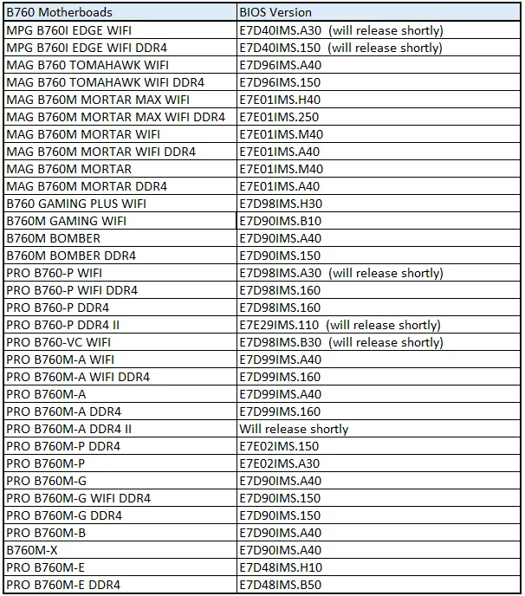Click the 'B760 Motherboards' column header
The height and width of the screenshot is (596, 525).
click(59, 13)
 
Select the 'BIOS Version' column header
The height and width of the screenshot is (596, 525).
click(275, 13)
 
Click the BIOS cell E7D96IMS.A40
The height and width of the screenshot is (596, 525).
click(280, 65)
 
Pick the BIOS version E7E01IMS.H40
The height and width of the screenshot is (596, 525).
click(281, 100)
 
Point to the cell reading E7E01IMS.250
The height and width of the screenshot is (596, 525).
click(279, 117)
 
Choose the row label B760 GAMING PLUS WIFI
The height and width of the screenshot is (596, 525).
click(76, 204)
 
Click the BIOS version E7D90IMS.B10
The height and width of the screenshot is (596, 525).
click(280, 221)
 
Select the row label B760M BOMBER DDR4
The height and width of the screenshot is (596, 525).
click(71, 256)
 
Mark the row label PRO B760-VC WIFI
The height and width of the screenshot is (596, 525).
click(59, 342)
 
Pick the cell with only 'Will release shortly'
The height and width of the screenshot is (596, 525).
click(295, 429)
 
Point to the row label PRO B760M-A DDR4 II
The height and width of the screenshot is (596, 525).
click(69, 429)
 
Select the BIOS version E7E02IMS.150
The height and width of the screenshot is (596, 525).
click(279, 446)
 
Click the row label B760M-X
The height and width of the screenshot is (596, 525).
click(31, 550)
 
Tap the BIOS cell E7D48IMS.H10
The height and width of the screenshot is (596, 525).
click(280, 567)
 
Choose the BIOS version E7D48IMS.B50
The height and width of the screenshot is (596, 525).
click(280, 585)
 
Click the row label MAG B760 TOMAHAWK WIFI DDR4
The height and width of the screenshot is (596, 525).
click(105, 82)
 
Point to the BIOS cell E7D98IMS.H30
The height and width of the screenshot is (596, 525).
click(280, 204)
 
